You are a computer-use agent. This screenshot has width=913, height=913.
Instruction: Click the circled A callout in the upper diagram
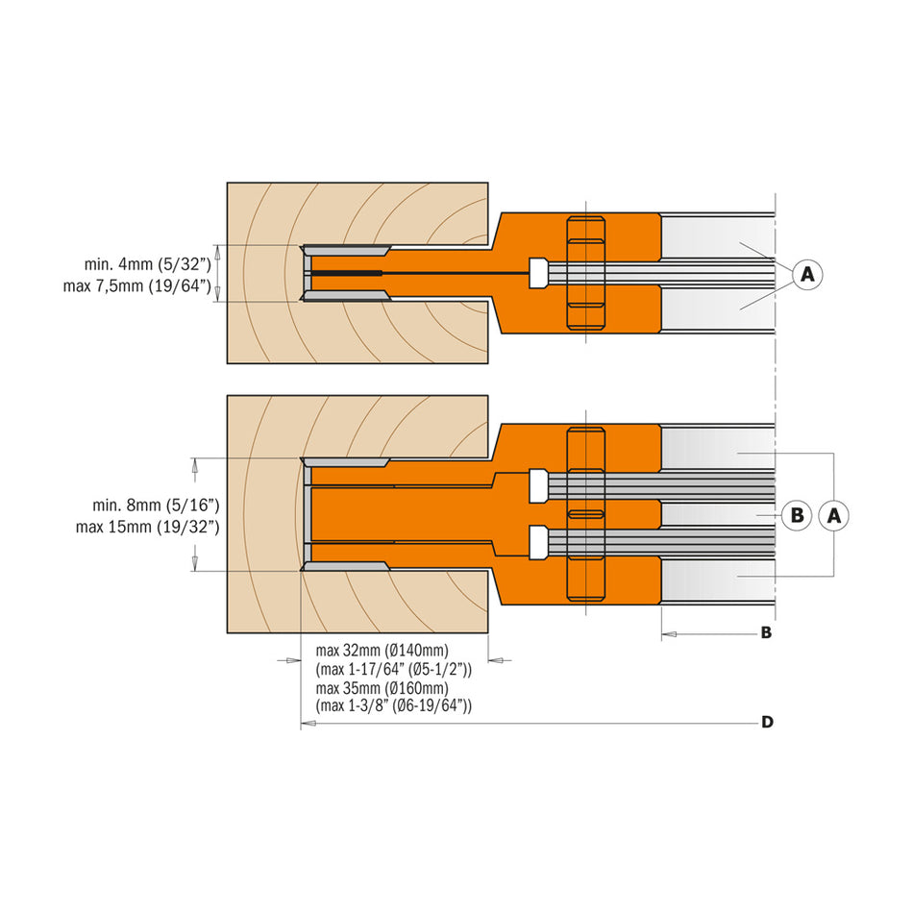click(x=807, y=275)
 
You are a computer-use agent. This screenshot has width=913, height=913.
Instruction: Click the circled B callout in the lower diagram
click(x=796, y=515)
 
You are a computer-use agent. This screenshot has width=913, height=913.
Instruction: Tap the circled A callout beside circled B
click(x=834, y=515)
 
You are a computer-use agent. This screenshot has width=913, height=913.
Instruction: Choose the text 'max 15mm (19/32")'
click(x=149, y=527)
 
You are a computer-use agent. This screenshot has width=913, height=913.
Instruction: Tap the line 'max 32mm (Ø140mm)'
click(x=382, y=652)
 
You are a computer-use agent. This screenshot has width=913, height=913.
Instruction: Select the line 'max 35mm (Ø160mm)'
click(x=382, y=688)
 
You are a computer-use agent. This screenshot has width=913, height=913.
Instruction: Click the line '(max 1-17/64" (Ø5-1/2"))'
click(x=394, y=670)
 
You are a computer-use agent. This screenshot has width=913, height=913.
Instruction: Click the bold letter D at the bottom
click(x=767, y=722)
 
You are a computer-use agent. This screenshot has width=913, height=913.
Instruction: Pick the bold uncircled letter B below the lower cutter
click(x=766, y=633)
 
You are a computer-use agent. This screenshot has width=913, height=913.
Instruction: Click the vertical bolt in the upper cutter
click(x=585, y=274)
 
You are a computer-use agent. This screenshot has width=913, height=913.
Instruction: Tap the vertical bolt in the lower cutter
click(x=585, y=514)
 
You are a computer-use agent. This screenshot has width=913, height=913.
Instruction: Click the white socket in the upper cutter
click(x=538, y=273)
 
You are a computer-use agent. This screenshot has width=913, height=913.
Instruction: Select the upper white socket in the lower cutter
click(x=538, y=486)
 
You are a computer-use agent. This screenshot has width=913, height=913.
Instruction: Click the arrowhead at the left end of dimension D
click(x=308, y=723)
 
